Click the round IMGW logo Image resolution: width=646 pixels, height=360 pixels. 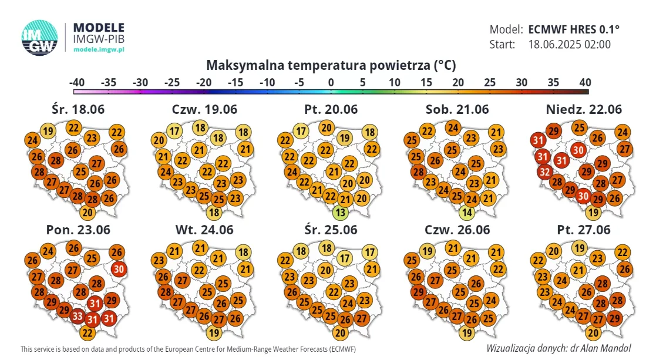click(x=39, y=38)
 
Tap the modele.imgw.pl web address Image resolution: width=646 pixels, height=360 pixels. click(x=99, y=49)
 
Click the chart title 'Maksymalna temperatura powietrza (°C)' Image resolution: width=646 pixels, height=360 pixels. click(x=331, y=65)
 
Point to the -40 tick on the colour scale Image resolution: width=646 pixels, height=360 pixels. click(x=76, y=82)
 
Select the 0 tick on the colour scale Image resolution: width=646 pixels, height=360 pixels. click(x=331, y=82)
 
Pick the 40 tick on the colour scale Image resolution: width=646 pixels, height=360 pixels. click(x=585, y=82)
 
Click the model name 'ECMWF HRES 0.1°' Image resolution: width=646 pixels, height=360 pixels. click(x=574, y=29)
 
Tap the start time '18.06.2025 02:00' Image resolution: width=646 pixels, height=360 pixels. click(x=570, y=45)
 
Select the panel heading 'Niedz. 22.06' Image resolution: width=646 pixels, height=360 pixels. click(x=584, y=109)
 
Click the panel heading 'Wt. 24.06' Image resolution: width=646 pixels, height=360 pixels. click(x=204, y=230)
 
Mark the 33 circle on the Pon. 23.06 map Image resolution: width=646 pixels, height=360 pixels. click(x=78, y=317)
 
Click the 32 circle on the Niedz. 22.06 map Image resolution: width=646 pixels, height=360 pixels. click(x=544, y=171)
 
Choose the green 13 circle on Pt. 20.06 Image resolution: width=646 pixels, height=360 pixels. click(x=340, y=213)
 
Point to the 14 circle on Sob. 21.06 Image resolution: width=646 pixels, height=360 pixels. click(x=467, y=213)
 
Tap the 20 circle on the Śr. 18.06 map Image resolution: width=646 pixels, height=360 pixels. click(x=88, y=213)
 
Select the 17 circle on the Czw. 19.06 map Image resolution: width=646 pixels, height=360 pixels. click(x=174, y=132)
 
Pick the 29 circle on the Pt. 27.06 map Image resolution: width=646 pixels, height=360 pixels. click(x=614, y=318)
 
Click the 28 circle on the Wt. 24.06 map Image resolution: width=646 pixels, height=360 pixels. click(x=165, y=292)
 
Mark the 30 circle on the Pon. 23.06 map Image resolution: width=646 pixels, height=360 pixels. click(x=119, y=270)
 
